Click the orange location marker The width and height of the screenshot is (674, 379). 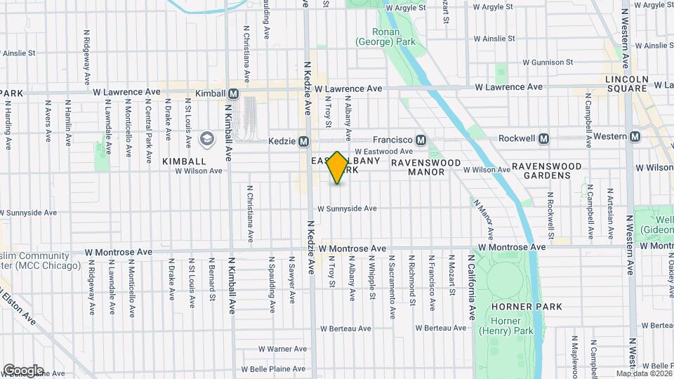[x=338, y=168]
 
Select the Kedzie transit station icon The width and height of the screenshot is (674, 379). [x=304, y=141]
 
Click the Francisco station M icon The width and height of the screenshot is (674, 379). [x=421, y=140]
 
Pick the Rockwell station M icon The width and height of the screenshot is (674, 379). [x=543, y=138]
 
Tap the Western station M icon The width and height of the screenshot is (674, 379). [x=635, y=136]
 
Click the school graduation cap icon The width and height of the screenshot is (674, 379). [x=206, y=139]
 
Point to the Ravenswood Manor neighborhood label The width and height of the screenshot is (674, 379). [x=426, y=167]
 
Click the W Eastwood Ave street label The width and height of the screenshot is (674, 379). [x=383, y=151]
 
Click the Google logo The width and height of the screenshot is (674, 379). [x=22, y=371]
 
